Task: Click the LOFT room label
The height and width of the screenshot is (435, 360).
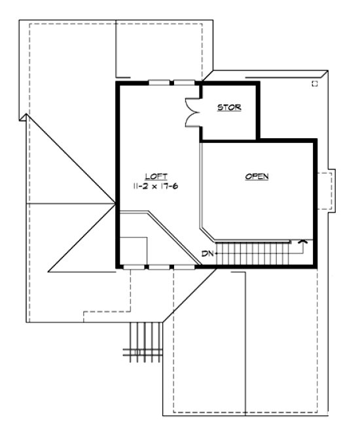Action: pyautogui.click(x=157, y=176)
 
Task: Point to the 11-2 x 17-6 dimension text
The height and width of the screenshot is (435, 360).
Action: pyautogui.click(x=157, y=186)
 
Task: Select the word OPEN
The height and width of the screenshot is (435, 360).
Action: pyautogui.click(x=257, y=176)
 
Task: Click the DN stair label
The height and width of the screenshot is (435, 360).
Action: pyautogui.click(x=207, y=254)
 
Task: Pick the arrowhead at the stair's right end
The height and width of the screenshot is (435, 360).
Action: pyautogui.click(x=302, y=243)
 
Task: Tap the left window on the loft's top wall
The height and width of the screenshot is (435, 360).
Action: pyautogui.click(x=158, y=83)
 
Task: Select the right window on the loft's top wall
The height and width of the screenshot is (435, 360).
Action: pyautogui.click(x=184, y=83)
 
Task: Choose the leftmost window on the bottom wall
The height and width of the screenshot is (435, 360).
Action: pyautogui.click(x=132, y=267)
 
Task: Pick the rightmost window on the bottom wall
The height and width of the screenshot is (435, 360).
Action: pyautogui.click(x=184, y=267)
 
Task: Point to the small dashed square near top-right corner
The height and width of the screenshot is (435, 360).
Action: pyautogui.click(x=315, y=84)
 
